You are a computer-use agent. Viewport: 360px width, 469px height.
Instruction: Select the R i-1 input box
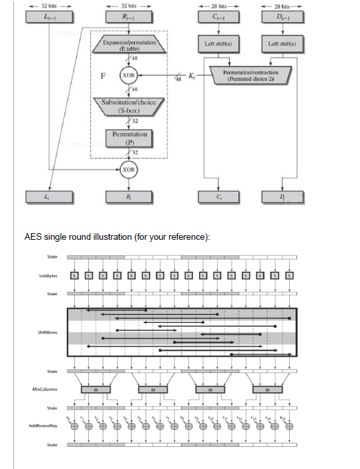[x=129, y=17]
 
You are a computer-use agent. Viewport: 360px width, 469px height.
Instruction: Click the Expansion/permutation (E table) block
[x=129, y=45]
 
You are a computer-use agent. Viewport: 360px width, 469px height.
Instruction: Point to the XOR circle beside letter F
[x=129, y=75]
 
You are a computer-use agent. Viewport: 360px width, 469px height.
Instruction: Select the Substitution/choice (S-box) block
[x=129, y=106]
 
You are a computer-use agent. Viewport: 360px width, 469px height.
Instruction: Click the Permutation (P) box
[x=129, y=138]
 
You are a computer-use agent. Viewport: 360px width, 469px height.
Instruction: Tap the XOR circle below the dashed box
[x=129, y=169]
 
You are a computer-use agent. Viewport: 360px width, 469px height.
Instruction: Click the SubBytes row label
[x=47, y=275]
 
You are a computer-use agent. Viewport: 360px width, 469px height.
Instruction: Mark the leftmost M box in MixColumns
[x=95, y=389]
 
